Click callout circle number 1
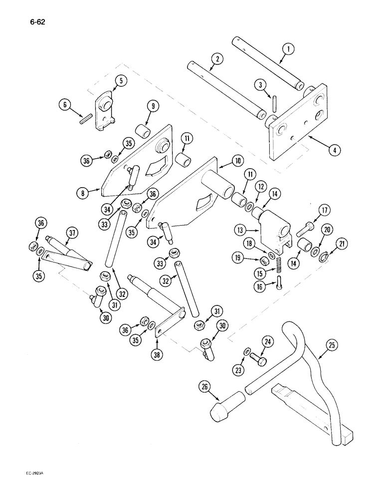(x=288, y=49)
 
